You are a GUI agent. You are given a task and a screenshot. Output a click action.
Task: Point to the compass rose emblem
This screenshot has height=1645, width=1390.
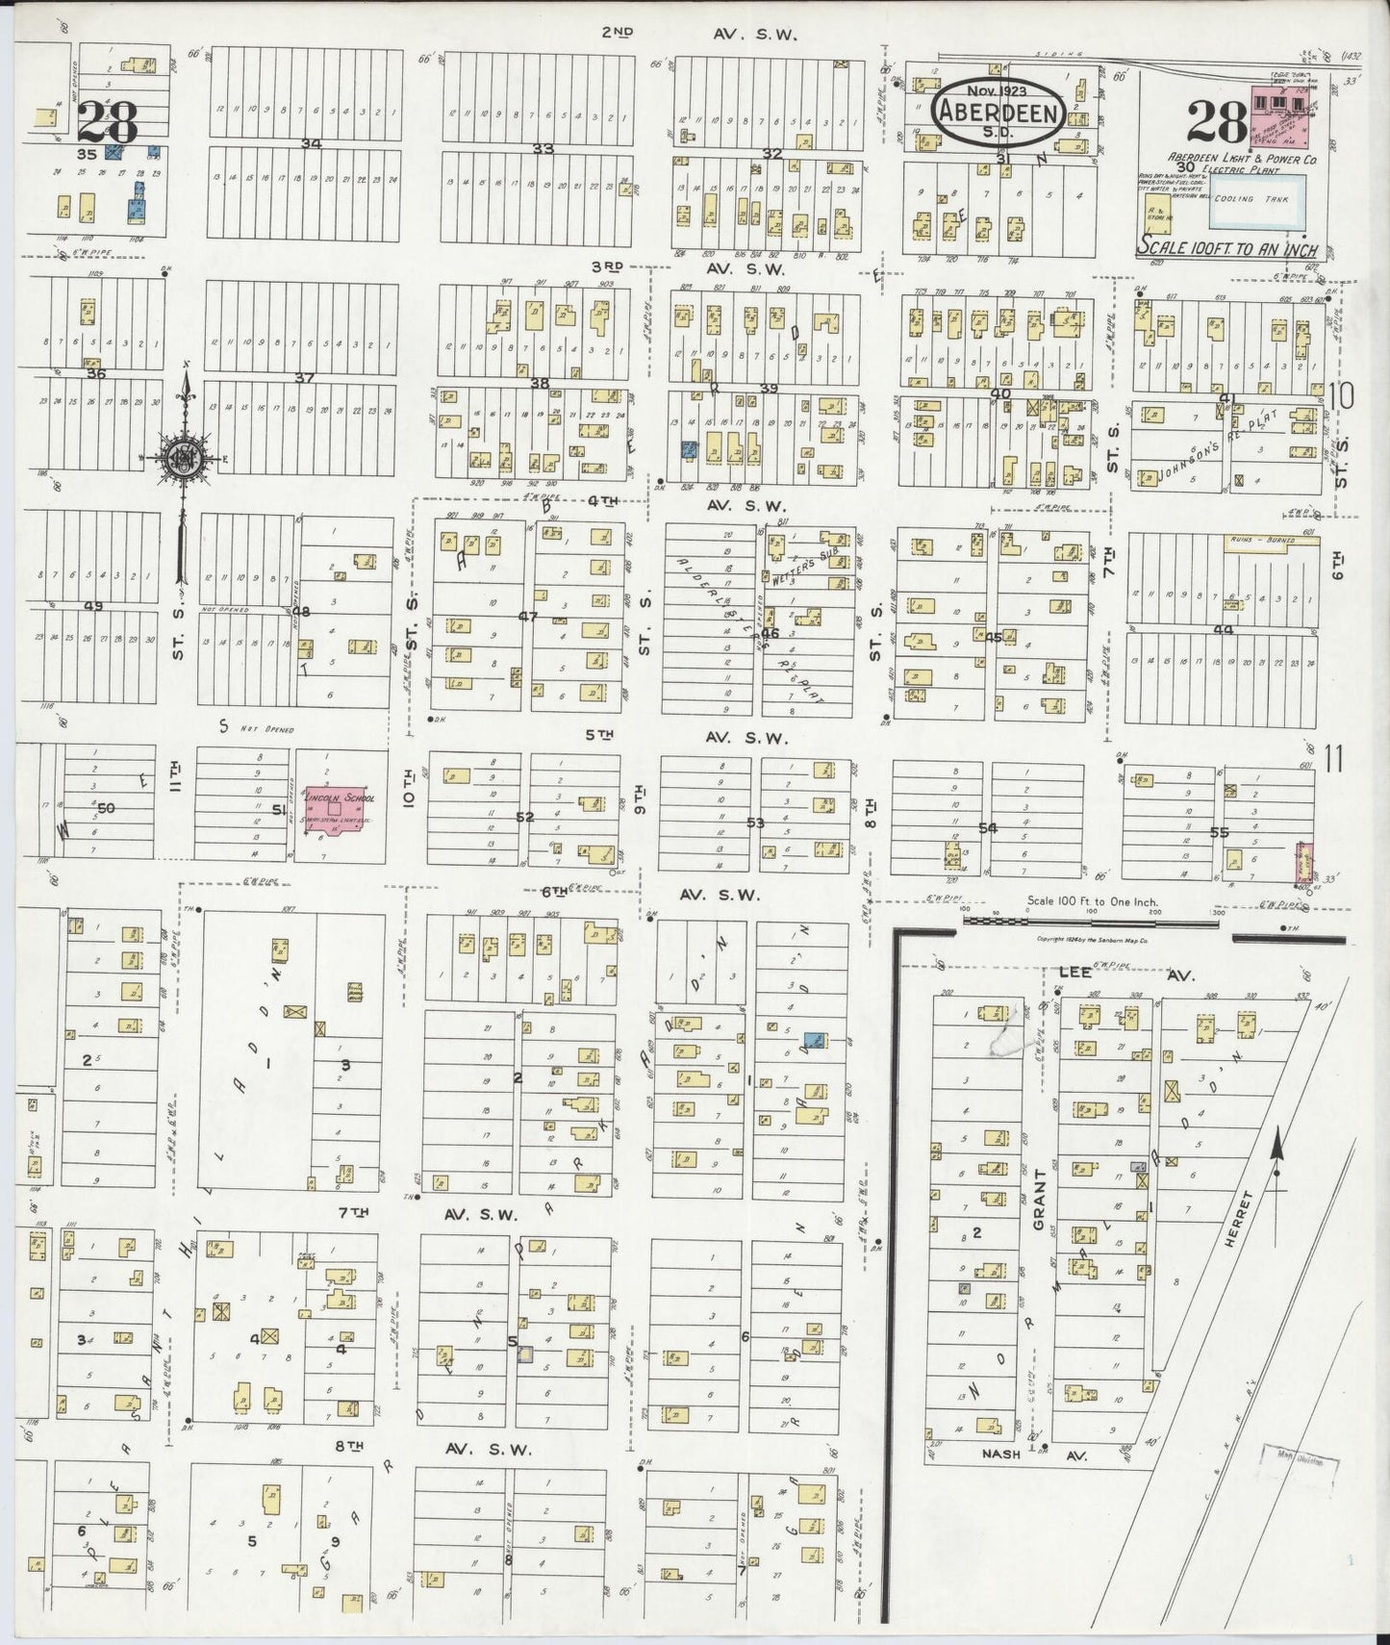183,459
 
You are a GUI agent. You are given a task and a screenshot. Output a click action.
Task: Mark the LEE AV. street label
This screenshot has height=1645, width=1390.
1120,973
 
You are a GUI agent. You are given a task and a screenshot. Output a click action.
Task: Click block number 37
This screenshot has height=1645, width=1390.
304,378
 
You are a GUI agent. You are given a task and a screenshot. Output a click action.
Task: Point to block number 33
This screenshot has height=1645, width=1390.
543,148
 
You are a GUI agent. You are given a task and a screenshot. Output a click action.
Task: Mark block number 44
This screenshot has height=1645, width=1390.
1222,629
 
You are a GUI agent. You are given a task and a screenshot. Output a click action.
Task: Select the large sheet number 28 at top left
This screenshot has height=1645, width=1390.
108,123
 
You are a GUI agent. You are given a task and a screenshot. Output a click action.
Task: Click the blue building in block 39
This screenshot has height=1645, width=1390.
689,448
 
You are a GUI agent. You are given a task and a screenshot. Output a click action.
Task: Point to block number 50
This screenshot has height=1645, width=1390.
105,808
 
